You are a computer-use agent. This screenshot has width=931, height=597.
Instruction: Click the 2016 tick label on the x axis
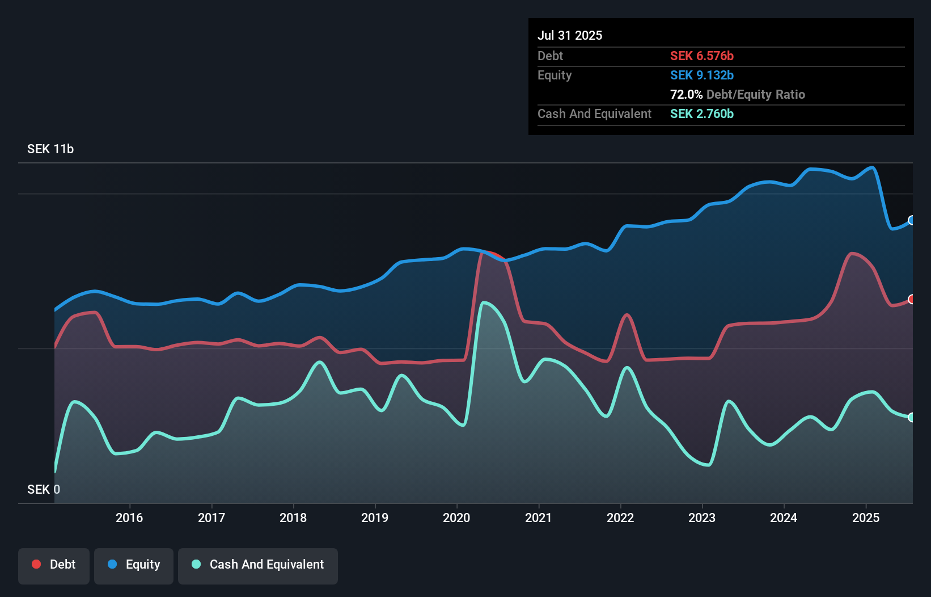pyautogui.click(x=129, y=518)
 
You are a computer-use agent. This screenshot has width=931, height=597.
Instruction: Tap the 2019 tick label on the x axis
pyautogui.click(x=375, y=518)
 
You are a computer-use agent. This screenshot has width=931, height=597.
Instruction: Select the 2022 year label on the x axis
pyautogui.click(x=620, y=518)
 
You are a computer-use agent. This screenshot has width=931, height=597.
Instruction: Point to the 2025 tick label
pyautogui.click(x=866, y=518)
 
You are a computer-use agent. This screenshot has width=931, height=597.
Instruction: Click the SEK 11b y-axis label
pyautogui.click(x=50, y=149)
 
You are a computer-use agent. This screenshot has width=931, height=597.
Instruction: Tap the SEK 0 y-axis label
pyautogui.click(x=44, y=489)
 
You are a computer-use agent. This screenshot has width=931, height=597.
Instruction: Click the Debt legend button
pyautogui.click(x=54, y=565)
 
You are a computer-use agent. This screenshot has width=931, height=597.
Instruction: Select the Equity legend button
pyautogui.click(x=134, y=565)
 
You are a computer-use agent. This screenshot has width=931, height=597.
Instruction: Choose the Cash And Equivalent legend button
pyautogui.click(x=258, y=565)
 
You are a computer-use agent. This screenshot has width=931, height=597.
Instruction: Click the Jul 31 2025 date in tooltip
pyautogui.click(x=570, y=35)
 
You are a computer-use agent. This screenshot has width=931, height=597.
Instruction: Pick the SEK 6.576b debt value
pyautogui.click(x=701, y=56)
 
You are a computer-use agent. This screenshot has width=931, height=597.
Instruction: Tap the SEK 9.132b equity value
pyautogui.click(x=701, y=75)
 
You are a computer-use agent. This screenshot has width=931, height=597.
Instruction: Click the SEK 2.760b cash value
pyautogui.click(x=701, y=113)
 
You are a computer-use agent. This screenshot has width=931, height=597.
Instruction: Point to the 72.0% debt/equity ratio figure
pyautogui.click(x=686, y=94)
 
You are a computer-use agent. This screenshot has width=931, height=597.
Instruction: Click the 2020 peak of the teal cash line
pyautogui.click(x=484, y=303)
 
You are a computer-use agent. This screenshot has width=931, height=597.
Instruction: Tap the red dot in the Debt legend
pyautogui.click(x=36, y=564)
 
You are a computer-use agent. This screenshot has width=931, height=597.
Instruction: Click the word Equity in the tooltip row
pyautogui.click(x=555, y=75)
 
